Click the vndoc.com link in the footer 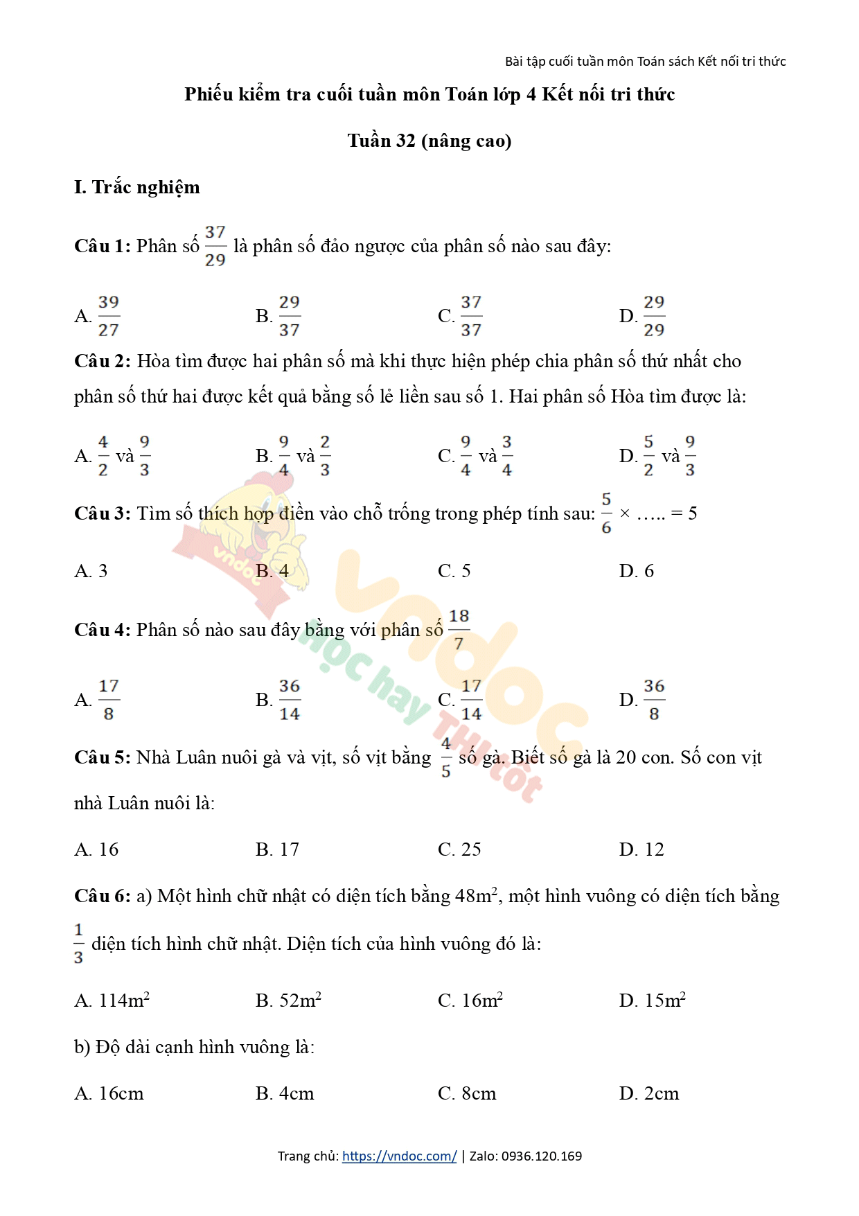pos(399,1156)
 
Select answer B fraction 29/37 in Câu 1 pos(289,316)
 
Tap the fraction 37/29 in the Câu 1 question pos(215,246)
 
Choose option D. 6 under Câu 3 pos(636,571)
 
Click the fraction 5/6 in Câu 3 pos(606,513)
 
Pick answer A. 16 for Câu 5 pos(96,849)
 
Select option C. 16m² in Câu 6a pos(470,1001)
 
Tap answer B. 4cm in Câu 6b pos(284,1093)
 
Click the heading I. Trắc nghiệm pos(136,187)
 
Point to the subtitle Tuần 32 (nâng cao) pos(429,141)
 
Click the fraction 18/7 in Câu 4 pos(459,630)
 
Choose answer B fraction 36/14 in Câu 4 pos(289,700)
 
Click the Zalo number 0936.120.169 pos(541,1156)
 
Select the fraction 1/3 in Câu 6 pos(78,944)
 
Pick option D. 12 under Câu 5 pos(641,849)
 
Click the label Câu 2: pos(102,361)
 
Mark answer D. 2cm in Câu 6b pos(648,1093)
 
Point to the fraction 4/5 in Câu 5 pos(445,757)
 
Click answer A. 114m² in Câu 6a pos(112,1001)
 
